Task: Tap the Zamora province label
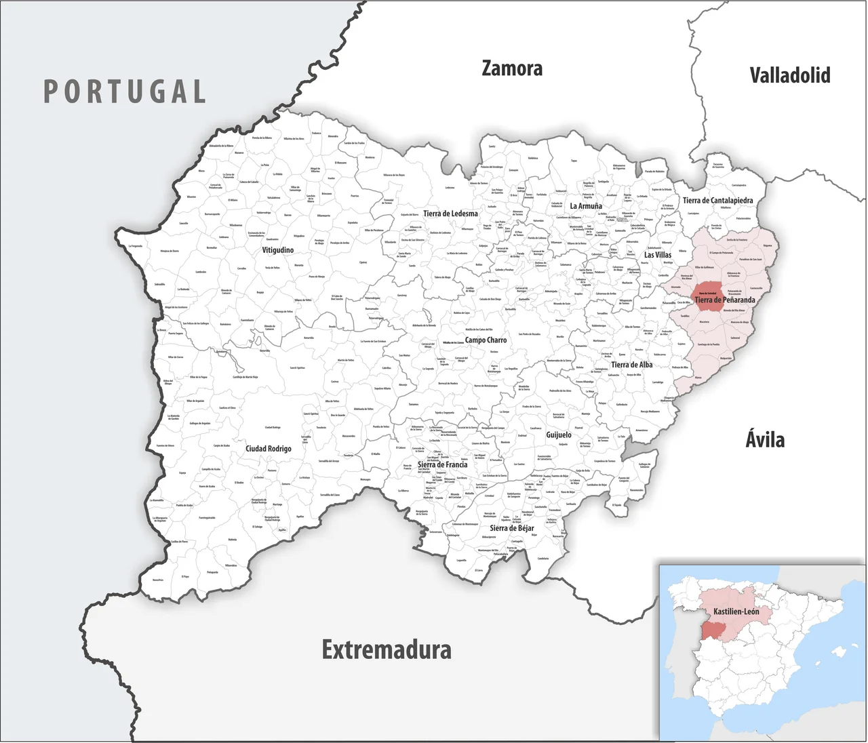512,68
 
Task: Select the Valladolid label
789,75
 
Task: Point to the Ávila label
765,440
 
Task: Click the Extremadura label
387,649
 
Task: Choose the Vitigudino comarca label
278,250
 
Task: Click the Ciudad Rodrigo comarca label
269,449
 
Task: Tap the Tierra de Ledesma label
450,214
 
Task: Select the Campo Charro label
486,340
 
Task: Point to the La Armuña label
586,206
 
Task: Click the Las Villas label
658,255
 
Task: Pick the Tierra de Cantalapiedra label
717,201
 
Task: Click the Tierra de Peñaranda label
724,300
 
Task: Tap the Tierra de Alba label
631,365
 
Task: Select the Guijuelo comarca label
559,435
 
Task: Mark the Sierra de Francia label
442,464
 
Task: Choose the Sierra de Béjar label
512,528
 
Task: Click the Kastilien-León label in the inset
736,611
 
